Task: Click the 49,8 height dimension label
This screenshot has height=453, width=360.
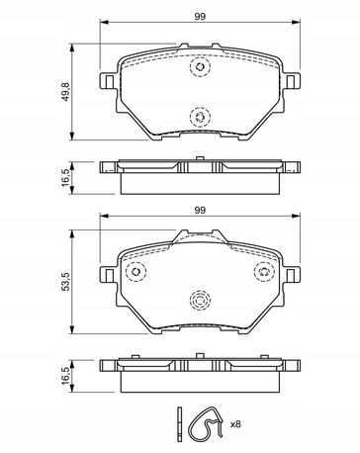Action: (x=65, y=92)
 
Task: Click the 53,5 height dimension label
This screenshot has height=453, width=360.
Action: (x=65, y=281)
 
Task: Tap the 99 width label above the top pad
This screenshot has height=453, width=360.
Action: (x=200, y=17)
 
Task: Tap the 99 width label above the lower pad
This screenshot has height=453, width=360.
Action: (x=200, y=210)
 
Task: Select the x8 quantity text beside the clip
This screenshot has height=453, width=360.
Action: (x=235, y=424)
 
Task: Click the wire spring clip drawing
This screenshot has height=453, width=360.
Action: (x=191, y=427)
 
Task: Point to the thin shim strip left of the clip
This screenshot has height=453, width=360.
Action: (x=179, y=424)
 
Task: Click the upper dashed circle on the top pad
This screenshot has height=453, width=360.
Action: (x=200, y=67)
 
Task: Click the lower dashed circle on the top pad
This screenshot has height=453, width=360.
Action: (x=200, y=117)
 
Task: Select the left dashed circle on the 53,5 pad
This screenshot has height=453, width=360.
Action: (x=135, y=272)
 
